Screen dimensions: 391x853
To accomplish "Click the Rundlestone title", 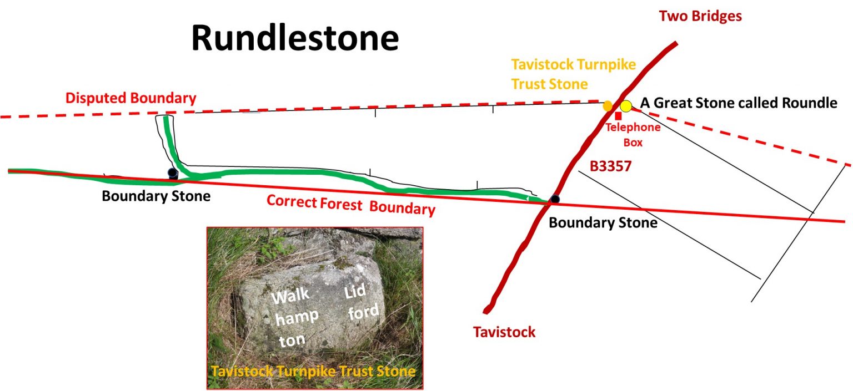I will pos(295,38).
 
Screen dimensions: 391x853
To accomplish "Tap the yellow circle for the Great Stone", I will pos(626,105).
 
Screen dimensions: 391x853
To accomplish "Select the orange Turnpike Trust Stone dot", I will pos(608,105).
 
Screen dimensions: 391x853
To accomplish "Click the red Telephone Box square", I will pos(618,116).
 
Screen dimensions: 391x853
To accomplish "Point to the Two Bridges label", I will pos(700,16).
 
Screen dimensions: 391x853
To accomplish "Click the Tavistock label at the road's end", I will pos(504,332).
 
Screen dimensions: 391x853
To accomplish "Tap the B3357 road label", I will pos(611,166).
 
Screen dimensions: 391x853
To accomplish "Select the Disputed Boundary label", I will pos(131,99).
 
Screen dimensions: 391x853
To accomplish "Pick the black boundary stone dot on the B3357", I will pos(554,199).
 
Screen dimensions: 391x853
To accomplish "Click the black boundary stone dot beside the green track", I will pos(173,173).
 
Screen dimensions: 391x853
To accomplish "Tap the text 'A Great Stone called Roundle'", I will pos(738,103).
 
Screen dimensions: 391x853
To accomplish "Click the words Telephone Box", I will pos(633,135).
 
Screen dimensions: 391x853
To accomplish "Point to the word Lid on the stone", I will pos(356,293).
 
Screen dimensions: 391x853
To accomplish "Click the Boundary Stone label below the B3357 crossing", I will pos(603,223).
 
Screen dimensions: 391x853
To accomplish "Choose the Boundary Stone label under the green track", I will pos(156,196).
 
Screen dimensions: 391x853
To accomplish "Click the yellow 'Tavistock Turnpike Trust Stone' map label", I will pos(574,73).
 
